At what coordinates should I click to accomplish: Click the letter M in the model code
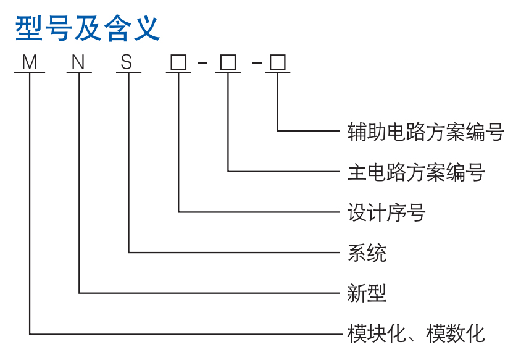click(x=30, y=62)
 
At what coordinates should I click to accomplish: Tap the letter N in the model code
click(x=78, y=62)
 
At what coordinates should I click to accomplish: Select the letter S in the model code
click(x=127, y=62)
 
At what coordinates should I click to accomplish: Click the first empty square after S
click(x=178, y=62)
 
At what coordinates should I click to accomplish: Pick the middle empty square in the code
click(x=228, y=62)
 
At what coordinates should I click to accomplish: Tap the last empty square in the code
click(x=277, y=62)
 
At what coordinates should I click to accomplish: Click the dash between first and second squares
click(x=203, y=64)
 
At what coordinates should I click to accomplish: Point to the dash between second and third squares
click(x=253, y=64)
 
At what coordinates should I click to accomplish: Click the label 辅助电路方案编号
click(x=426, y=132)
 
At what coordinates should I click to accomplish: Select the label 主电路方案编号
click(x=416, y=172)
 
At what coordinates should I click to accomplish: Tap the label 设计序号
click(x=386, y=212)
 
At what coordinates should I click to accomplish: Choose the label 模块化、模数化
click(x=416, y=333)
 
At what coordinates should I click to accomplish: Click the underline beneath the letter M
click(x=30, y=74)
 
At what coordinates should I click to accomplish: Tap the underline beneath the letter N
click(x=79, y=74)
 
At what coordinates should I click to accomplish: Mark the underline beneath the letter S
click(x=128, y=74)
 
